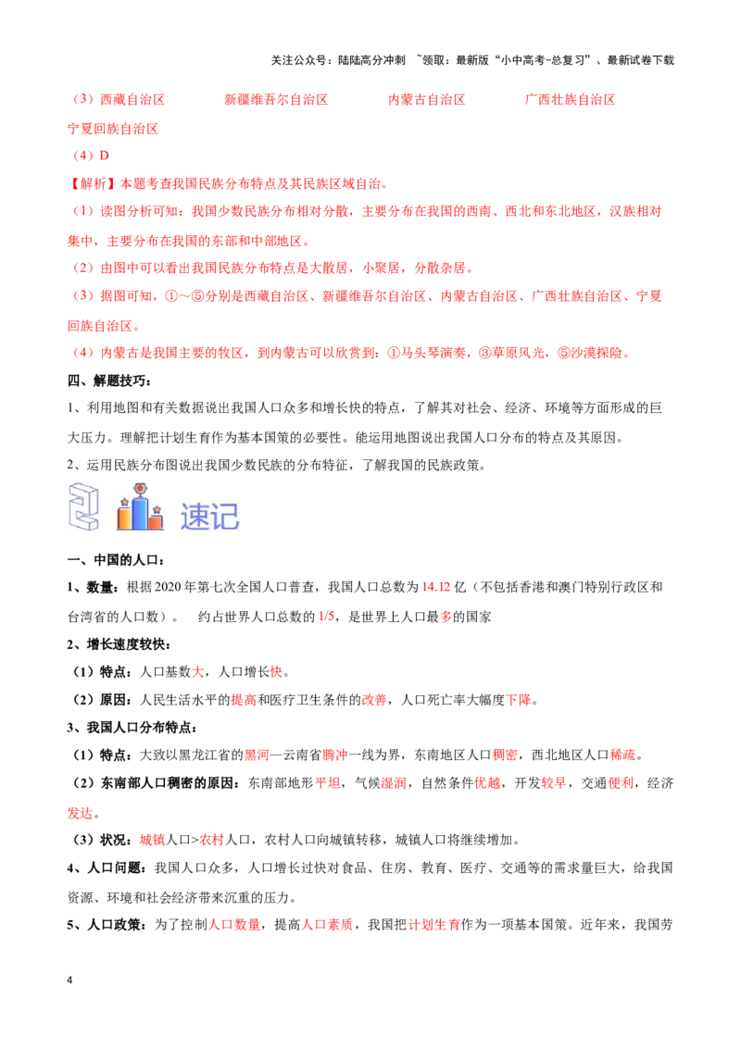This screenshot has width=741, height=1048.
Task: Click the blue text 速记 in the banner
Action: pyautogui.click(x=209, y=516)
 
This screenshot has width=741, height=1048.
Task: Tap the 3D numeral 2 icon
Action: pyautogui.click(x=83, y=505)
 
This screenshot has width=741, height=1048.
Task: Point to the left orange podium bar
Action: pyautogui.click(x=124, y=518)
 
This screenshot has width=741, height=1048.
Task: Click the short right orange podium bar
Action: pyautogui.click(x=156, y=521)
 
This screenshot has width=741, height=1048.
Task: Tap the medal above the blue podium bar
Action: pyautogui.click(x=140, y=489)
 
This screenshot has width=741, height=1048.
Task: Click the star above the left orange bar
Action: pyautogui.click(x=123, y=502)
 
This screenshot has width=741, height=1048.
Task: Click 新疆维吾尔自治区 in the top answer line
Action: pyautogui.click(x=277, y=99)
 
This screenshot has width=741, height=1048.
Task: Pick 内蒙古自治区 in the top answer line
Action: pyautogui.click(x=426, y=99)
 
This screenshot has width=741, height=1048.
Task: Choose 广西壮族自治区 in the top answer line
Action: pyautogui.click(x=570, y=99)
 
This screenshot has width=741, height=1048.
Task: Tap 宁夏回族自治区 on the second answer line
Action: pyautogui.click(x=114, y=130)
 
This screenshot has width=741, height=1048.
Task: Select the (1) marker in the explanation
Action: pyautogui.click(x=83, y=212)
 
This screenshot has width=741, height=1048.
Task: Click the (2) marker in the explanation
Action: pyautogui.click(x=83, y=268)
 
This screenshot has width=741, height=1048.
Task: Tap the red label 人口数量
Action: pyautogui.click(x=235, y=924)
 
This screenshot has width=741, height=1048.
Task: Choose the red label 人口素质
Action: pyautogui.click(x=327, y=924)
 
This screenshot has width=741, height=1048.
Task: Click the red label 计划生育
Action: pyautogui.click(x=433, y=924)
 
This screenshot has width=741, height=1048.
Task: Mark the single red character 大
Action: pyautogui.click(x=198, y=673)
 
